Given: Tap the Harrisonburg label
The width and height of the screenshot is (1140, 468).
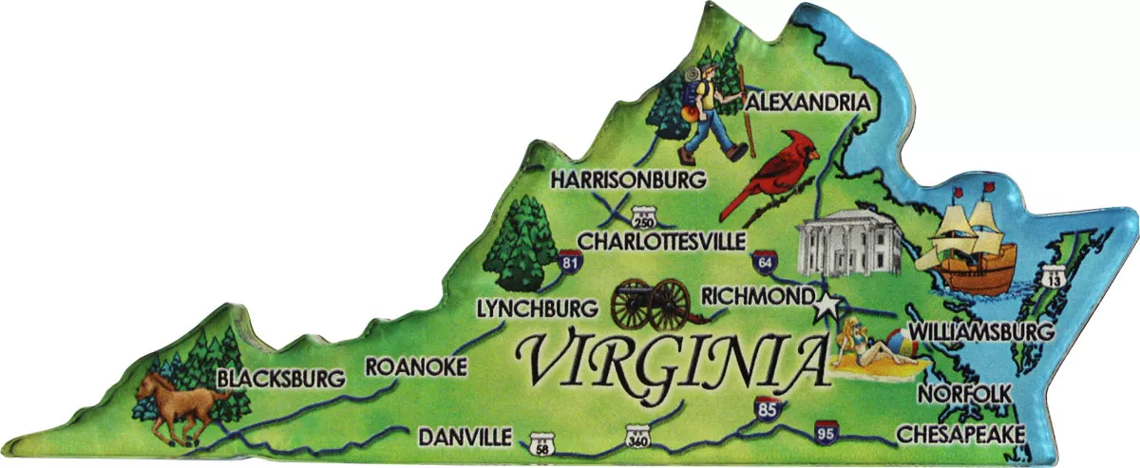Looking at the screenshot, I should [x=629, y=178].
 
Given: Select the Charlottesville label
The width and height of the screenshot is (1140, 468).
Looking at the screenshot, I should [x=662, y=241].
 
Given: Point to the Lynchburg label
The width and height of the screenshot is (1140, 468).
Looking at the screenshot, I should [x=537, y=308].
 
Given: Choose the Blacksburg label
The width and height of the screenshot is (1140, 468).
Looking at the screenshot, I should [x=280, y=379].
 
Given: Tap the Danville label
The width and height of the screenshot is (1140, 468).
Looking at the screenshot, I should [x=465, y=437].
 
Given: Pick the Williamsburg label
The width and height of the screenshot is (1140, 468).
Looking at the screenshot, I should [x=981, y=332].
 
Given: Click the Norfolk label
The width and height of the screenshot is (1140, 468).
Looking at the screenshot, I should [x=965, y=393].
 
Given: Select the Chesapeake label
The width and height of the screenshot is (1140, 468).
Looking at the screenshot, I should [x=961, y=434].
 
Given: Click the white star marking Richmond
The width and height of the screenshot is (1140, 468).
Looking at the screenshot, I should [x=827, y=306].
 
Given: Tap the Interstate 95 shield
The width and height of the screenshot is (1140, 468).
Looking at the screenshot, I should [x=826, y=432].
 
